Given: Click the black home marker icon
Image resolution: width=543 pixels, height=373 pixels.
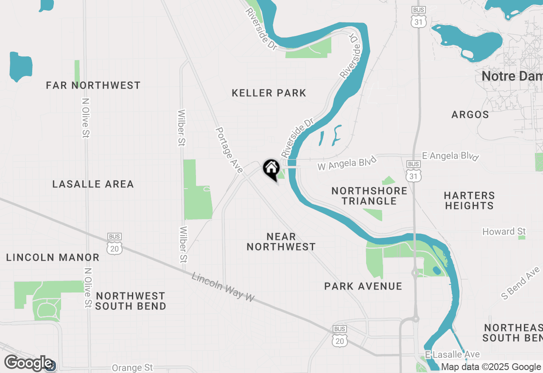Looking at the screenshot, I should click(x=271, y=169).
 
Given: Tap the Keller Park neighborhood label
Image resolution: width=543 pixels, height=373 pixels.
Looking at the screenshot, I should click(x=269, y=93).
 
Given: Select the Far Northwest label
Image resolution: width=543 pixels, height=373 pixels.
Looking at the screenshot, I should click(x=93, y=85).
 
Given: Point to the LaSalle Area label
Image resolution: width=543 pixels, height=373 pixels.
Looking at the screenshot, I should click(x=93, y=184).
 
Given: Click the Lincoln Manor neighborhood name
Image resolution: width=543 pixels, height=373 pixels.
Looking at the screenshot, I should click(x=53, y=257).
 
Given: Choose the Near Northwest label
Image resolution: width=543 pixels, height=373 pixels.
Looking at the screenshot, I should click(x=281, y=242).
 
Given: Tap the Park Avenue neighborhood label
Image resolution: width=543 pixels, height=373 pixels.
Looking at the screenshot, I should click(x=363, y=286).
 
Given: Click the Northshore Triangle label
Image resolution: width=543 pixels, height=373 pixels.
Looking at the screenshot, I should click(x=369, y=196).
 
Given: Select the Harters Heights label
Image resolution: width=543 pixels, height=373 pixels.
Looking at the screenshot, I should click(x=469, y=200).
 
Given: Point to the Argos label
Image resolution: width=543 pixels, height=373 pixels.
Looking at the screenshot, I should click(x=470, y=114).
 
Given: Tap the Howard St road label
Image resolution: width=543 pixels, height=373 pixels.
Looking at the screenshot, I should click(x=504, y=231).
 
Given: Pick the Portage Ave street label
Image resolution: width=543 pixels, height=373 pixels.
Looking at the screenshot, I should click(x=229, y=150).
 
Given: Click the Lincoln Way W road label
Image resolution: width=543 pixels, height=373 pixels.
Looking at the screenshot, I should click(x=223, y=287).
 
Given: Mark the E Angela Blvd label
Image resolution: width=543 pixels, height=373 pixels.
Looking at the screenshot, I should click(x=450, y=156).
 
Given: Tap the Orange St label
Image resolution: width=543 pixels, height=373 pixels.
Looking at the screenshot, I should click(x=132, y=367).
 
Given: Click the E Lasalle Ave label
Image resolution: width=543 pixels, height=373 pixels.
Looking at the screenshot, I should click(x=452, y=354).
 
